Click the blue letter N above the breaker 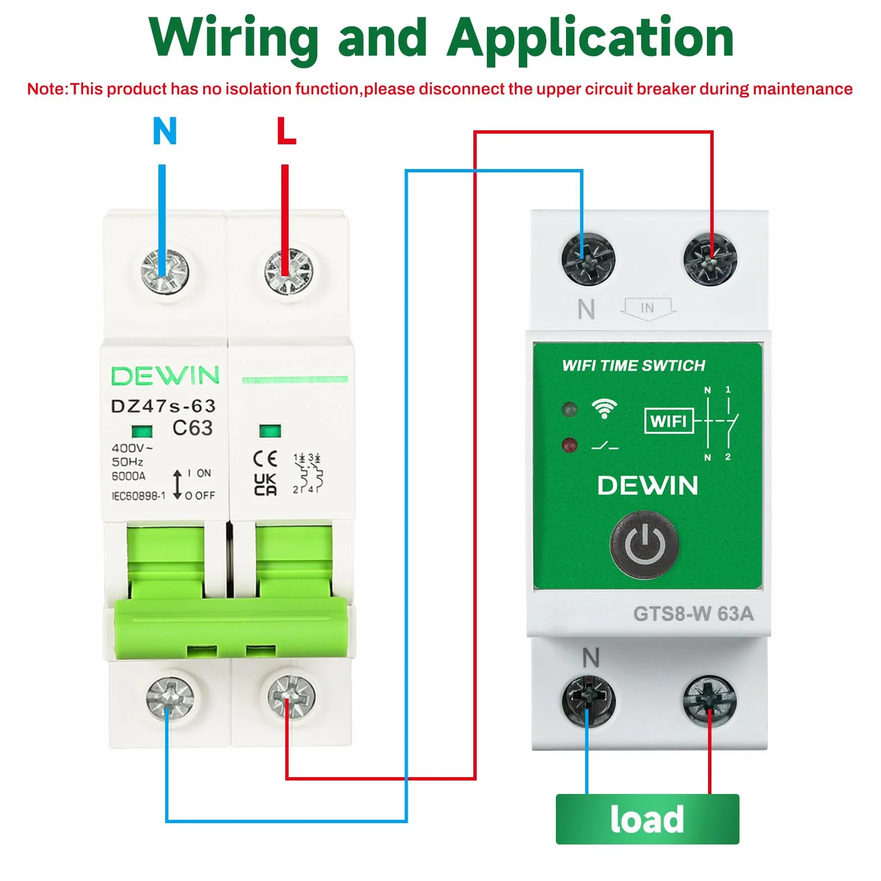point(165,131)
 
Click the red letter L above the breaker point(286,131)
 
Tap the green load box point(647,819)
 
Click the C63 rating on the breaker point(193,428)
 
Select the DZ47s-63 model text point(163,405)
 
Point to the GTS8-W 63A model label point(693,614)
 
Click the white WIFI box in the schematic point(669,421)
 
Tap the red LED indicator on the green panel point(569,445)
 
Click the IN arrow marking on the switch point(648,308)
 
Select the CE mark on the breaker point(265,459)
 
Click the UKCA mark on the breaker point(265,484)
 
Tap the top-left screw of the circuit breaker point(164,271)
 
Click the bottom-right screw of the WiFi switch point(710,701)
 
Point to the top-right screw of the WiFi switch point(710,259)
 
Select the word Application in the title point(591,38)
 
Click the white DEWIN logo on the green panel point(647,486)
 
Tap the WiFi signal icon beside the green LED point(604,408)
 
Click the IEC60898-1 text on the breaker point(138,496)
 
